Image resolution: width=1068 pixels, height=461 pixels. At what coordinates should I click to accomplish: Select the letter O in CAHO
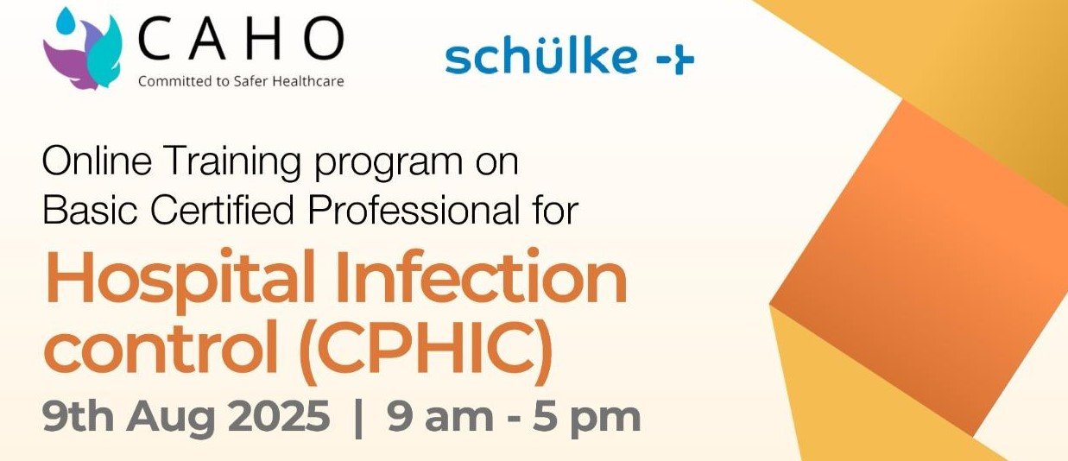(324, 38)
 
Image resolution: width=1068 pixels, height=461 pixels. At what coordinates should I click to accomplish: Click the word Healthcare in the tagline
(308, 81)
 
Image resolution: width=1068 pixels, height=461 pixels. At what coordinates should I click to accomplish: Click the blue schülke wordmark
(540, 56)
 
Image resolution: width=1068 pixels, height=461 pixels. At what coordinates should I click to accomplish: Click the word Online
(98, 161)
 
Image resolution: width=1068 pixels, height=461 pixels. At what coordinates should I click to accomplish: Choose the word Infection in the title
(482, 276)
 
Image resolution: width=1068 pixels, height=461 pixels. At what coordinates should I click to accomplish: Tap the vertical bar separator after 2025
(358, 418)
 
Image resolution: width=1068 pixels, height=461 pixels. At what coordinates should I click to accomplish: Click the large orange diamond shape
(919, 267)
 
